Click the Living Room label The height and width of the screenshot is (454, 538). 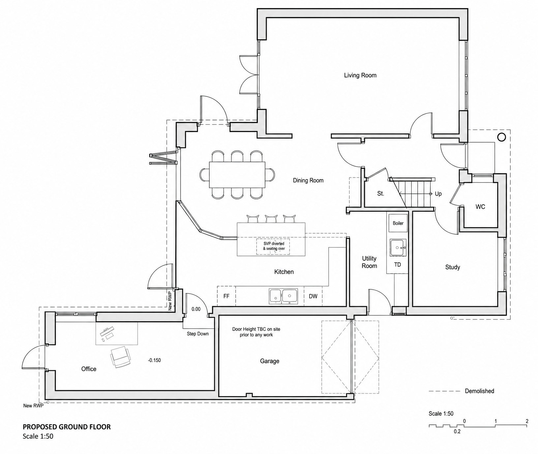click(360, 75)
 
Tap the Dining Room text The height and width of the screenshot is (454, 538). click(308, 180)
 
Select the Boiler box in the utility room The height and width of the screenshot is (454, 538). click(398, 223)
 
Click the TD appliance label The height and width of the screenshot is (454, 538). click(398, 265)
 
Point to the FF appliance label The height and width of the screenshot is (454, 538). click(226, 296)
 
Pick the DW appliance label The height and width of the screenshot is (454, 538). click(313, 296)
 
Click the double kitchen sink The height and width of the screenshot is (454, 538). click(284, 296)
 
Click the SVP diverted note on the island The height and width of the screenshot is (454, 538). click(274, 246)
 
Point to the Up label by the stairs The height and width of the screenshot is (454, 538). click(438, 194)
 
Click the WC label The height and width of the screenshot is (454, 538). click(480, 207)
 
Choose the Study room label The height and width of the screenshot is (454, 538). click(453, 267)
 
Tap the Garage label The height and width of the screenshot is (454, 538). click(270, 361)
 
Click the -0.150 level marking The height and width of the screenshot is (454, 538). click(155, 360)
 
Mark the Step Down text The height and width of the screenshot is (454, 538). click(198, 334)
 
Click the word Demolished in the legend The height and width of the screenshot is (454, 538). click(479, 391)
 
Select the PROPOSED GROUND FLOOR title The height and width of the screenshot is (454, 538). click(67, 427)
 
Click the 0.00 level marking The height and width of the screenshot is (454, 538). click(196, 309)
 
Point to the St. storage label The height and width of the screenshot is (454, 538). click(381, 194)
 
